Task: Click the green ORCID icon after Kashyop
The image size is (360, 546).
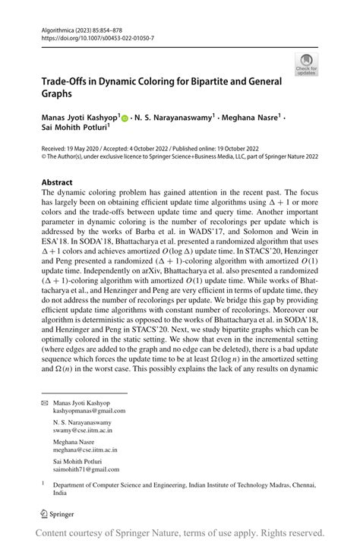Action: pos(125,119)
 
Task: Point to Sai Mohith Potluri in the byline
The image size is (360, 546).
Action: pos(71,131)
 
